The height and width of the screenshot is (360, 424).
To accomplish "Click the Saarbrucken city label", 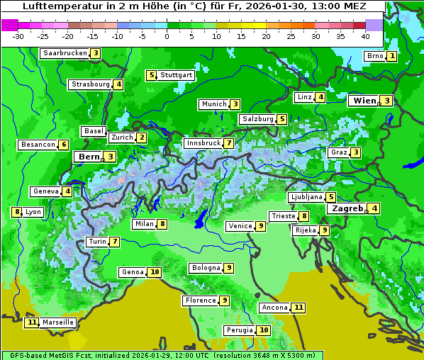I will pos(65,53).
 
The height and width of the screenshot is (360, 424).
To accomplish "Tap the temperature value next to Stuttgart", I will pos(151,75).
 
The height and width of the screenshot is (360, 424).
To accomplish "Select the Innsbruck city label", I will pos(203,143).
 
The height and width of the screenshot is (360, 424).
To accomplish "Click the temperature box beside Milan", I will pos(162,224).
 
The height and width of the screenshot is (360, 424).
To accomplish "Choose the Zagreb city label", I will pos(346,208).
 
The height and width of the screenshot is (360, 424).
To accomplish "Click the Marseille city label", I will pos(57,322).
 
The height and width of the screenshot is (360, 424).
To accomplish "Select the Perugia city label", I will pos(239,330).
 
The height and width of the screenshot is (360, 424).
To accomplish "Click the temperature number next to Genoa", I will pos(154,272).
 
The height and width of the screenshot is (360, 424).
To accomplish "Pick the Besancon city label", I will pos(38,145).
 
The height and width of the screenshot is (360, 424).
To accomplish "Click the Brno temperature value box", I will pos(391,56).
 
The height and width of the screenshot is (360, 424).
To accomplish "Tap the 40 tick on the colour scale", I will pos(365,35).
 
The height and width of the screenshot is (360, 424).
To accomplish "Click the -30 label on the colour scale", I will pos(18,35).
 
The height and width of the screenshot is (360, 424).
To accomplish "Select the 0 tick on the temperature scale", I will pos(167,35).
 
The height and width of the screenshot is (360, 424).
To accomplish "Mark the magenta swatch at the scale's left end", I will pos(9,24).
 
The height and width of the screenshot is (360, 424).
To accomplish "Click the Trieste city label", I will pos(283,216).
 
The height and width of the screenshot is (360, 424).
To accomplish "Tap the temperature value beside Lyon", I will pos(17,212).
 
